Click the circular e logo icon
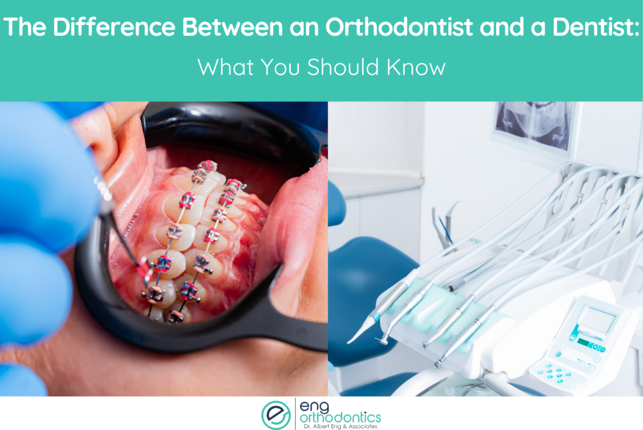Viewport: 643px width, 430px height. tap(276, 414)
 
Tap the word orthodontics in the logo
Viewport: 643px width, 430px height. tap(340, 416)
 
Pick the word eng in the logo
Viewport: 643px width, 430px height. tap(314, 405)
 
